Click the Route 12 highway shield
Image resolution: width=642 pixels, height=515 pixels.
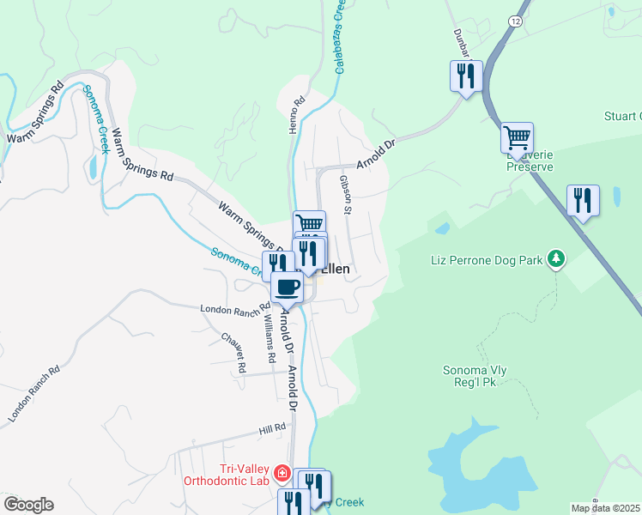click(514, 20)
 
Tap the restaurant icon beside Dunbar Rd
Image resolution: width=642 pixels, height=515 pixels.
click(464, 76)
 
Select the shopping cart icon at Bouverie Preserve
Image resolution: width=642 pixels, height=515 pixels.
click(517, 137)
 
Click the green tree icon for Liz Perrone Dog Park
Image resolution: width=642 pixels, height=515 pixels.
click(556, 257)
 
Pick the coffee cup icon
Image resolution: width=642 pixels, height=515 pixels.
click(287, 287)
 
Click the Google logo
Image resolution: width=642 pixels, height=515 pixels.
click(28, 505)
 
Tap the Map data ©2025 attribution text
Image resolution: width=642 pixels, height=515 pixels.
click(605, 508)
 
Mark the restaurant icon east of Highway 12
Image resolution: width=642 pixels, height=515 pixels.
click(583, 202)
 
